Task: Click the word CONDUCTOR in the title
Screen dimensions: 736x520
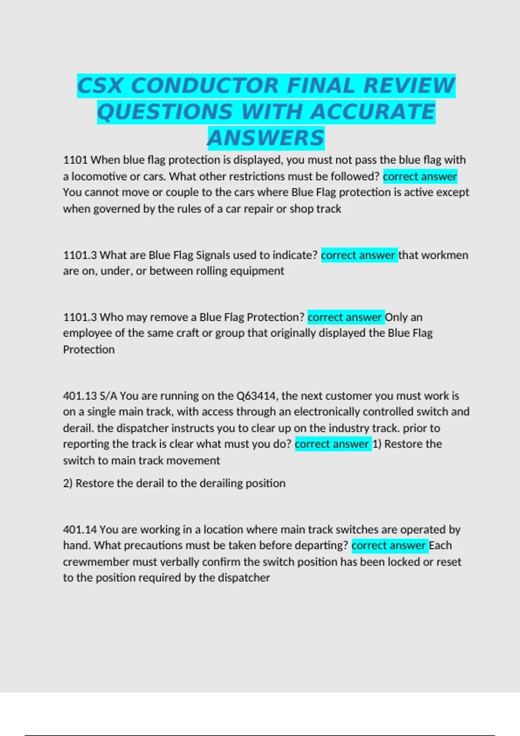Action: (204, 85)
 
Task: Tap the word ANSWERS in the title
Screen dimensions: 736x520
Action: (266, 138)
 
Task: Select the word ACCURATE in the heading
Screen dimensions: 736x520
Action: (373, 112)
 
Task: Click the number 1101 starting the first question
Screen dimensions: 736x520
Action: (75, 160)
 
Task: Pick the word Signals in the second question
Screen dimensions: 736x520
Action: (213, 255)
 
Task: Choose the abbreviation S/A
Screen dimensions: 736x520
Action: (108, 396)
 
